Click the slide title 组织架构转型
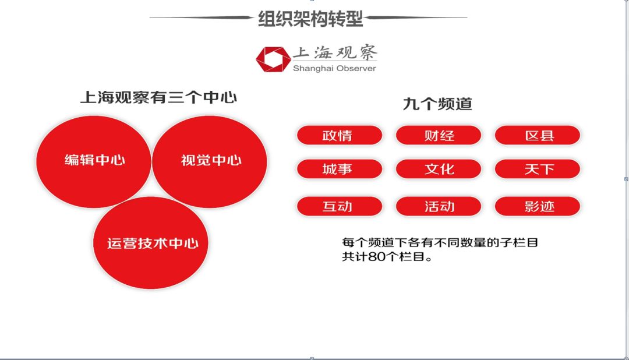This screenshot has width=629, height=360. point(310,19)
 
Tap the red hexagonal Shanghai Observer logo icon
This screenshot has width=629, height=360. point(273,59)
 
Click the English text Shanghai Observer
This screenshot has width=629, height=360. point(334,68)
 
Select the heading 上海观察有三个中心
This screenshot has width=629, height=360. point(158,97)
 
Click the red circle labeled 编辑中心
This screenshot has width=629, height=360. point(94,161)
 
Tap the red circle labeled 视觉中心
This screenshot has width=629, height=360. point(210,161)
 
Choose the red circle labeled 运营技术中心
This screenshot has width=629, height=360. point(151,243)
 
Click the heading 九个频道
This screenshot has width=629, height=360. point(437,104)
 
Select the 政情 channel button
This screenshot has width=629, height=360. point(339,136)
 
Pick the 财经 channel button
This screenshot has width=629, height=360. point(439,136)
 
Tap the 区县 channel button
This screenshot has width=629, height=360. point(538,136)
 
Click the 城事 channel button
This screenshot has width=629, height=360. point(339,170)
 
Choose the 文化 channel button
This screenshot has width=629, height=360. point(439,170)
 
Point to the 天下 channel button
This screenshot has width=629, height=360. point(538,170)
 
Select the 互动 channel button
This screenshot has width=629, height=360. point(339,206)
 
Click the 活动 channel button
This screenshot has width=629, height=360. point(439,206)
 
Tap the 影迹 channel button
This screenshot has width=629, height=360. point(538,206)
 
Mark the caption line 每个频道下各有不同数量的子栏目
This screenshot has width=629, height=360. point(440,242)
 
